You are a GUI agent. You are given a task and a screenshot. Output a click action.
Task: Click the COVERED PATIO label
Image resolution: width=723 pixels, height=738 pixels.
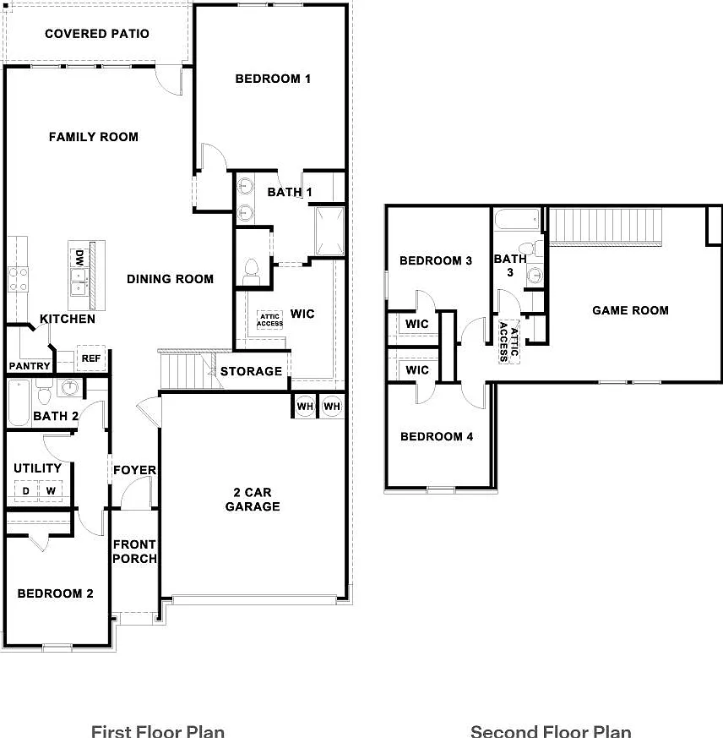(x=97, y=34)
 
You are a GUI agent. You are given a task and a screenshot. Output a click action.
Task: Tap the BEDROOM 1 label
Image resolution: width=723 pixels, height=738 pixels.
(x=273, y=79)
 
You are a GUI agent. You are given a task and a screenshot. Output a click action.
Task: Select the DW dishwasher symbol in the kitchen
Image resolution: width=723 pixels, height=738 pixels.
(x=79, y=258)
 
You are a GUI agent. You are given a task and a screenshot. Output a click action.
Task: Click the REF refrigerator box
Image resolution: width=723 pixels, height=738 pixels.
(x=90, y=358)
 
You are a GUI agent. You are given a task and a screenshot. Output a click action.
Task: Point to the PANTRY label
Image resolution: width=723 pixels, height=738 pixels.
(x=30, y=366)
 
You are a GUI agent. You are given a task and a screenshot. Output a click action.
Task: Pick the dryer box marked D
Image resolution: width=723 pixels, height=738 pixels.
(x=26, y=491)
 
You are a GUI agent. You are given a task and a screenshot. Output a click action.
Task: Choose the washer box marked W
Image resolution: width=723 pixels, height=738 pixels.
(x=51, y=491)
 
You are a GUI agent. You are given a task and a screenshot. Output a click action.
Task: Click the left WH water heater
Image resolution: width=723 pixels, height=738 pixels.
(x=305, y=406)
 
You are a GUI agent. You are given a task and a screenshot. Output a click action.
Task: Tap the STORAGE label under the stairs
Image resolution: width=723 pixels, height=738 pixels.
(x=251, y=371)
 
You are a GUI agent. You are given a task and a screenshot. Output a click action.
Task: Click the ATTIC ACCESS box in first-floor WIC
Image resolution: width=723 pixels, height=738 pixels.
(x=269, y=320)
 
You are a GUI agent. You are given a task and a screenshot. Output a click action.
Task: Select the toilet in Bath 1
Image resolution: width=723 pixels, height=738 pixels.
(x=252, y=272)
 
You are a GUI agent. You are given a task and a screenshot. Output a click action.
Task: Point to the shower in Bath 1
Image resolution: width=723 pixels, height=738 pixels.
(x=329, y=231)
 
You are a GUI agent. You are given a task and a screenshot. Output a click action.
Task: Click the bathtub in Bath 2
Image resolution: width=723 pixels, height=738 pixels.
(x=19, y=403)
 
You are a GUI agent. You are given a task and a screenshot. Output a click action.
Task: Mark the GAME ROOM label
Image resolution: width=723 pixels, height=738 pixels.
(x=630, y=310)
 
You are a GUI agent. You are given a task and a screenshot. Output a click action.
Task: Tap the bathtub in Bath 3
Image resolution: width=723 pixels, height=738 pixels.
(x=518, y=220)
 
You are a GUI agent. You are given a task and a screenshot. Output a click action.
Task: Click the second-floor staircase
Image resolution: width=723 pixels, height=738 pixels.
(x=606, y=227)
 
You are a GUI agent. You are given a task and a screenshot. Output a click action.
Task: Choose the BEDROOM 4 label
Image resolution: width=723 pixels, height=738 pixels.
(x=437, y=437)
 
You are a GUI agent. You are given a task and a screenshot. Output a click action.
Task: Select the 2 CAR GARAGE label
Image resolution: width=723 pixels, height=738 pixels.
(x=253, y=500)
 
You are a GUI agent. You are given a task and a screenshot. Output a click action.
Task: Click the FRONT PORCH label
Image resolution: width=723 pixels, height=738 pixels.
(x=134, y=552)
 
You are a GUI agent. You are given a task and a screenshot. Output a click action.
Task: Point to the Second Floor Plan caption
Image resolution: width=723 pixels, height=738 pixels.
(x=551, y=731)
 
